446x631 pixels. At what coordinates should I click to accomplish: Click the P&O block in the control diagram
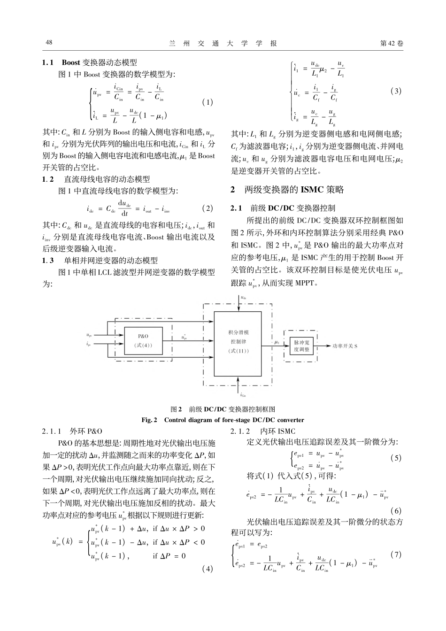tap(143, 340)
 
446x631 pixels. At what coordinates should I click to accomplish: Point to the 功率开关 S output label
tap(345, 346)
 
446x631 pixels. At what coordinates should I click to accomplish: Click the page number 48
tap(48, 43)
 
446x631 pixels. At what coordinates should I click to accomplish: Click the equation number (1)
tap(207, 102)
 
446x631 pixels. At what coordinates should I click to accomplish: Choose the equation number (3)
tap(396, 91)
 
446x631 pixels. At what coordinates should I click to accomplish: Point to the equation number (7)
tap(396, 554)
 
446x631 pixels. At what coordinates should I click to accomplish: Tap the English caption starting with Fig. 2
tap(223, 420)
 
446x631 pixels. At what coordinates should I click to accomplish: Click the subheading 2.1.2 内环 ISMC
tap(263, 431)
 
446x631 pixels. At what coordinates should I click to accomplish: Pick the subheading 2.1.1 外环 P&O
tap(72, 431)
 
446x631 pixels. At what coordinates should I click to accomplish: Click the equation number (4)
tap(207, 569)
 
